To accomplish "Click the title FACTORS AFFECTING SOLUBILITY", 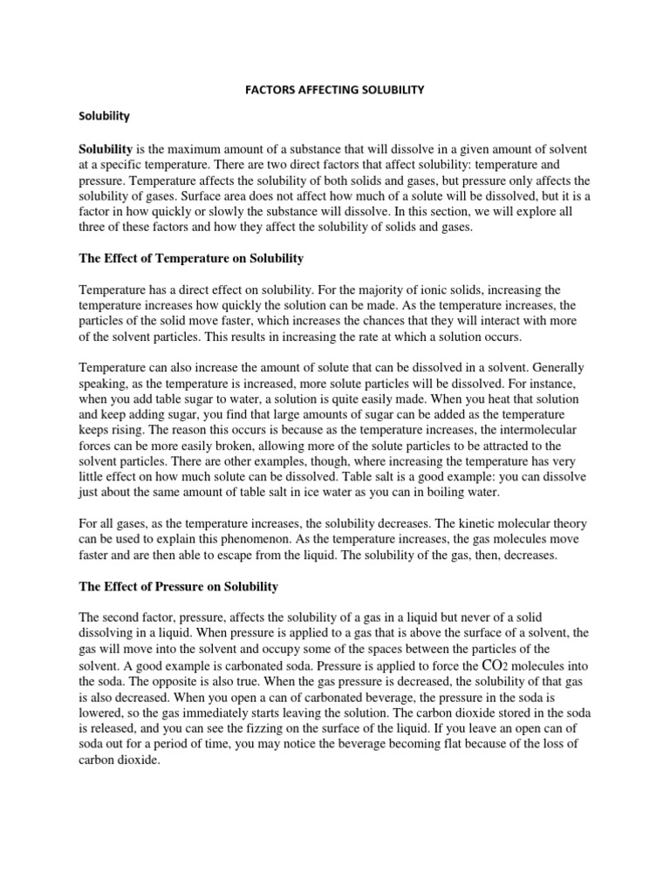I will [x=334, y=89].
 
